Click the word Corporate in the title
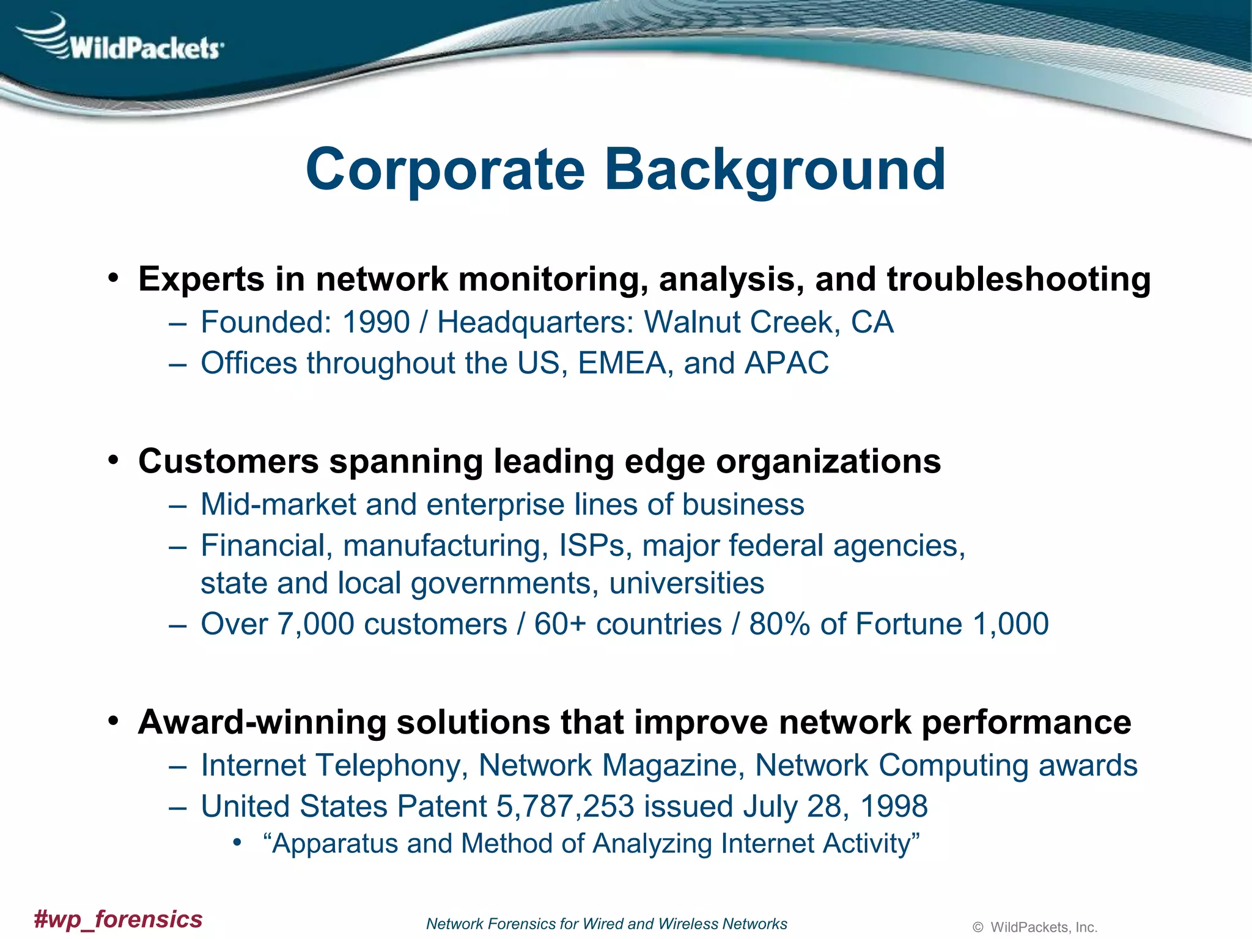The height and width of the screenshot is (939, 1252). [445, 169]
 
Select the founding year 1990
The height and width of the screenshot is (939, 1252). [375, 322]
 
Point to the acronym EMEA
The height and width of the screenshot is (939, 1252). [621, 363]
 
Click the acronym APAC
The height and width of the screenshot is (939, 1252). [786, 363]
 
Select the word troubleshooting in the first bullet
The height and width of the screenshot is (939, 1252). [1018, 279]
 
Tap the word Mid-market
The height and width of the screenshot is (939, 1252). [278, 505]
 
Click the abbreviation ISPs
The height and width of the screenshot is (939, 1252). [592, 545]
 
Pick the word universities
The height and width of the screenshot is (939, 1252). [687, 583]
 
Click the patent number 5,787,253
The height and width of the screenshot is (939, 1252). [565, 806]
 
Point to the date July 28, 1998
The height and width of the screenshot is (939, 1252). [836, 806]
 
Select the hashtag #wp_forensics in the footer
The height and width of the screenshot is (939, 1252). [118, 919]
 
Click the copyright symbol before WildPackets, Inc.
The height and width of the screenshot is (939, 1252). [978, 928]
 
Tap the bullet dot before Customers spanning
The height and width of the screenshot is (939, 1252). [112, 460]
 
